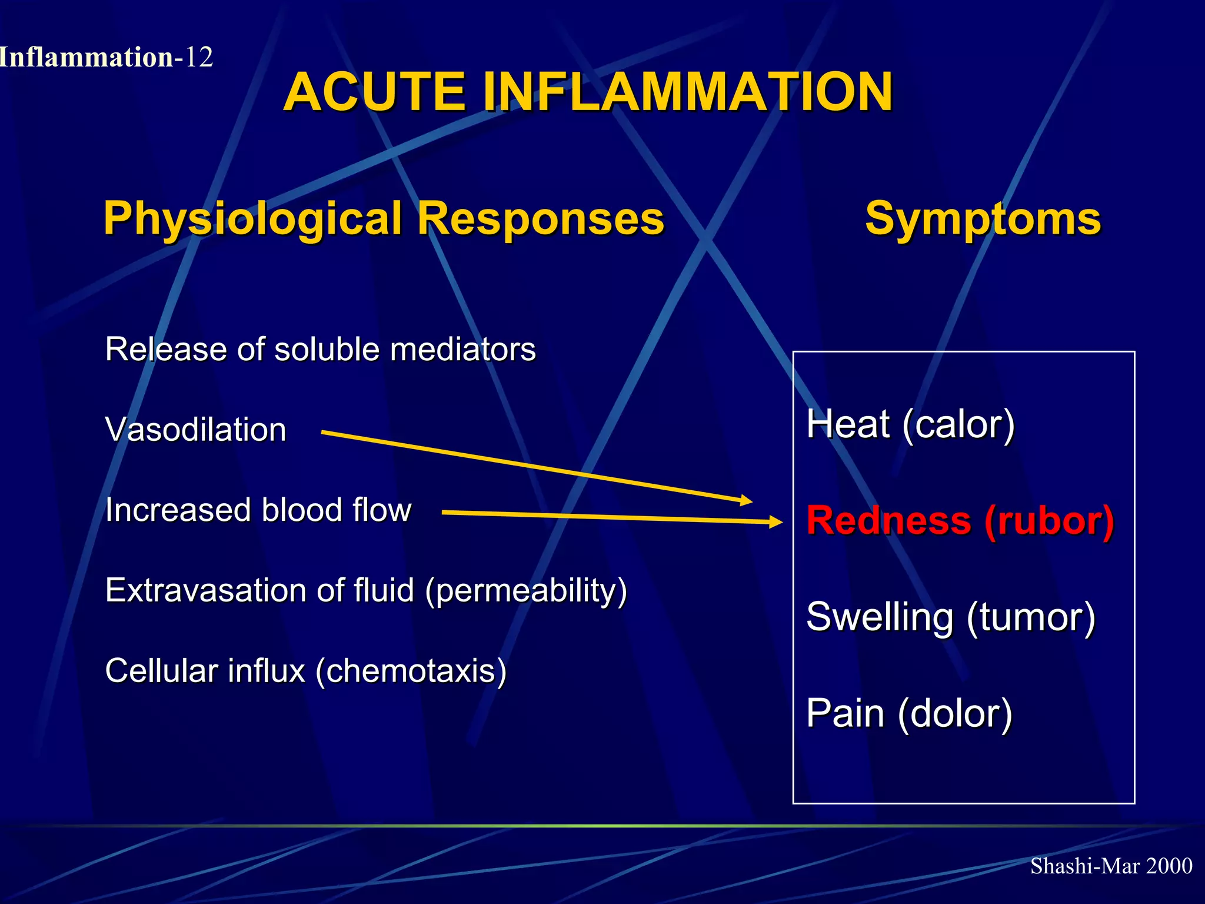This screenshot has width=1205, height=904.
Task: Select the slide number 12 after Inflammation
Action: click(198, 58)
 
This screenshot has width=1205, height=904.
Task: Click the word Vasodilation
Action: click(195, 430)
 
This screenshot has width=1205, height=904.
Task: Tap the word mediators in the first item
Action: click(463, 350)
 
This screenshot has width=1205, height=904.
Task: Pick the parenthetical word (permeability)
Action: click(526, 590)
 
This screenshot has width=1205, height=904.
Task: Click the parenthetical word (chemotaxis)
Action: click(411, 671)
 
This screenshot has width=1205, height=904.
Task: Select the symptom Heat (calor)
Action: click(910, 424)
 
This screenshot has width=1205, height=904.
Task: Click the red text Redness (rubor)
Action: click(960, 521)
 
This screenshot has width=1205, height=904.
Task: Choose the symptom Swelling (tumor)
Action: click(950, 617)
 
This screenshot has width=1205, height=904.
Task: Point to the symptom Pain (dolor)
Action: click(909, 713)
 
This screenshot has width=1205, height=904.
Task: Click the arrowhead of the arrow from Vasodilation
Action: click(747, 501)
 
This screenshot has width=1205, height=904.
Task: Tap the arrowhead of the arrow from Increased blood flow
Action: click(776, 521)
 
